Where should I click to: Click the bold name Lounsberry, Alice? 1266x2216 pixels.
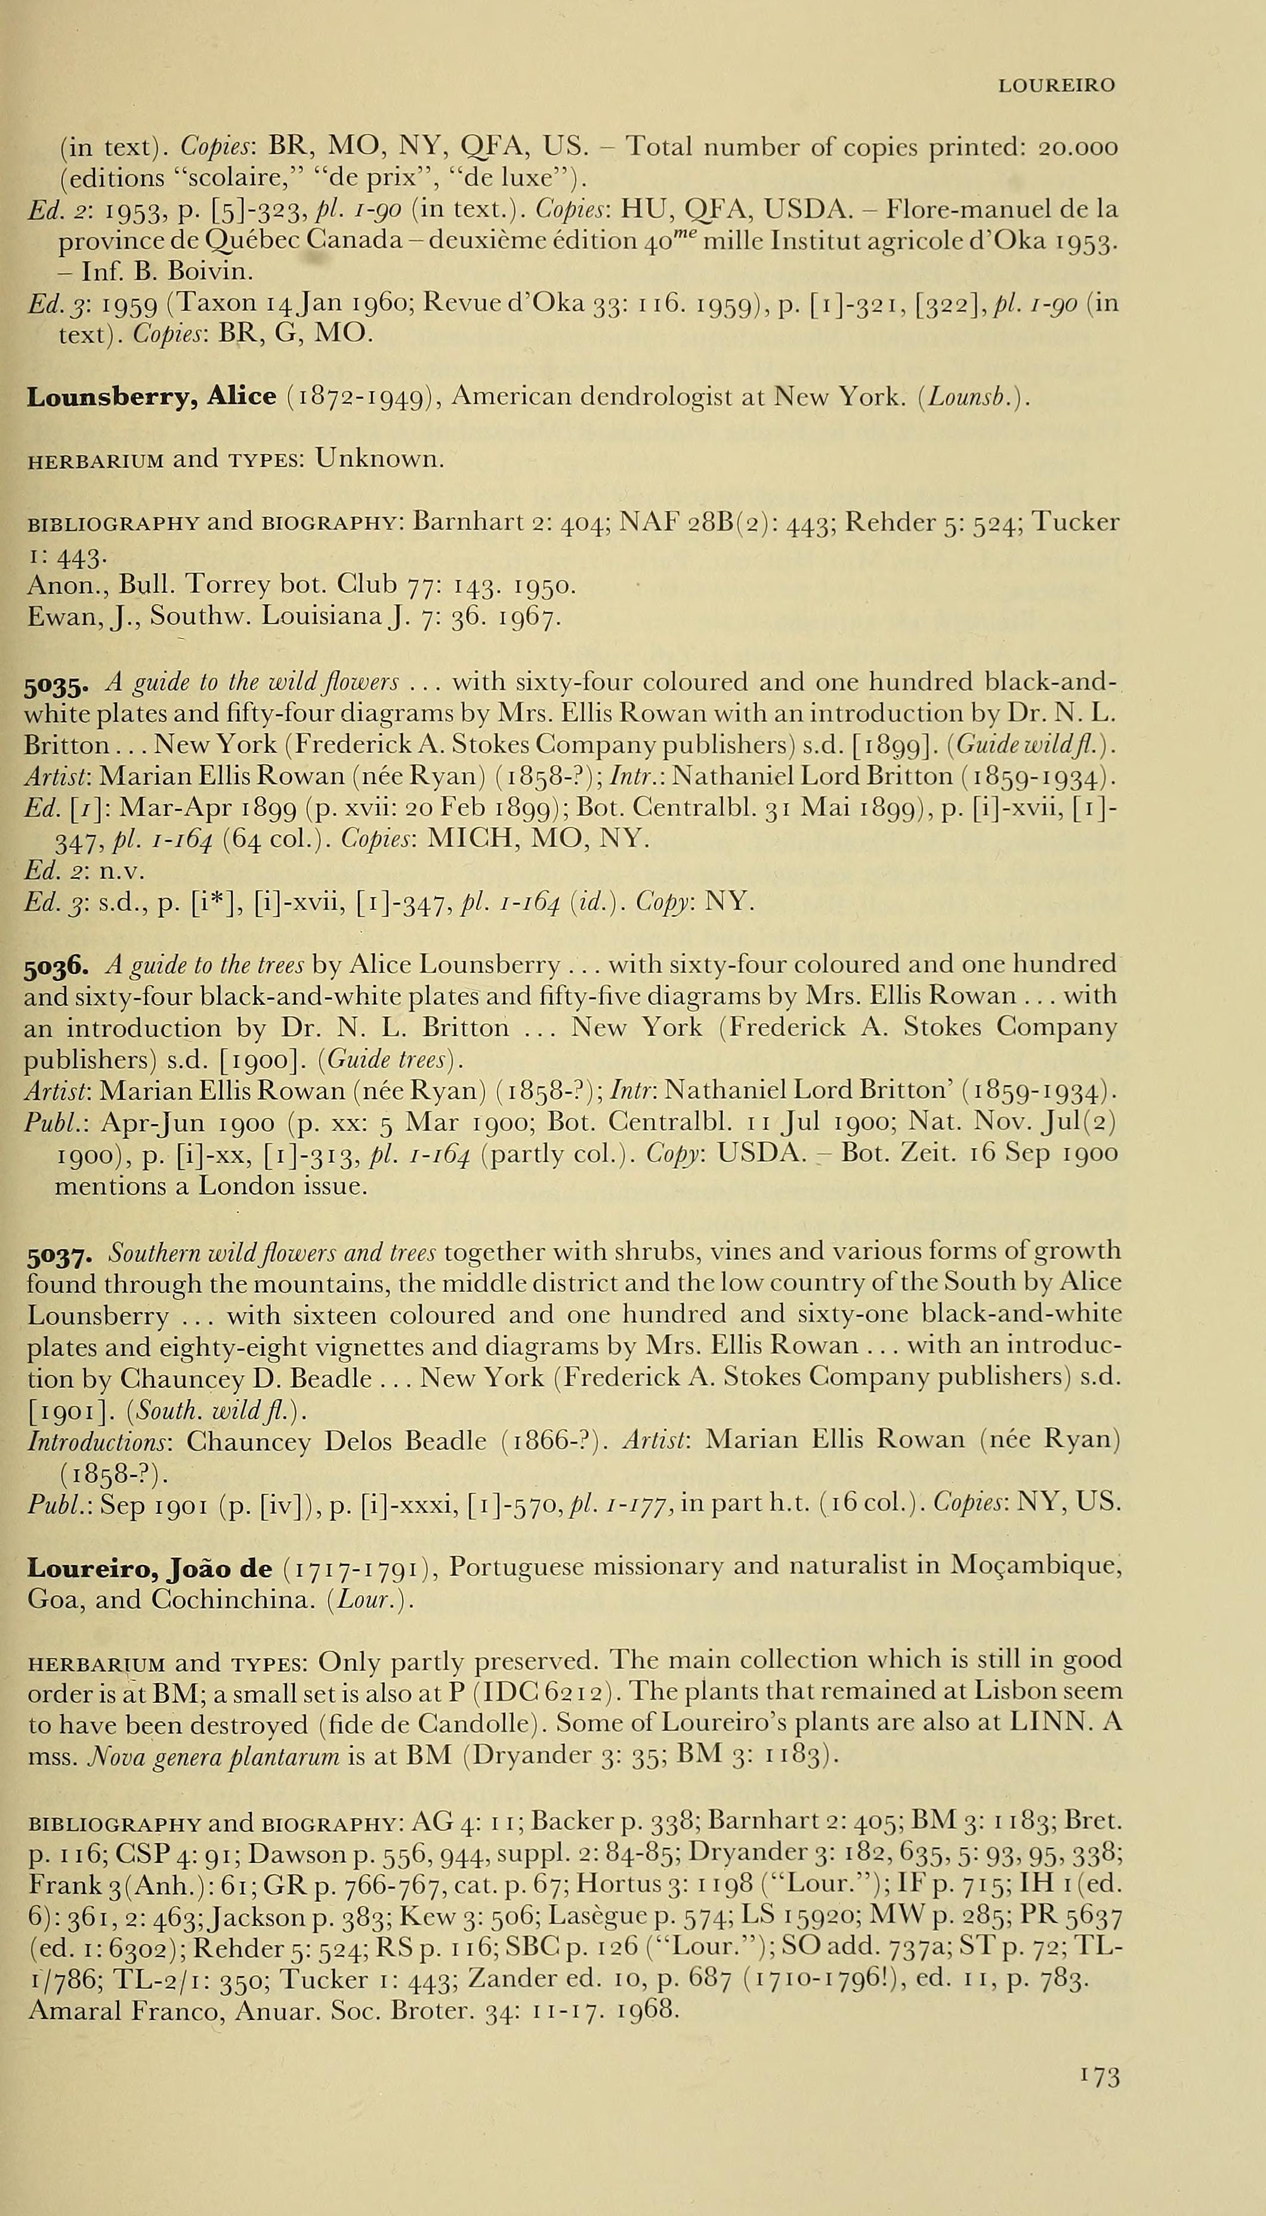(152, 397)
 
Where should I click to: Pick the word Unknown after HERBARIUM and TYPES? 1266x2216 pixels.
(379, 458)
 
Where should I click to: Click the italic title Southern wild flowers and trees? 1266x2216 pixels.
(276, 1252)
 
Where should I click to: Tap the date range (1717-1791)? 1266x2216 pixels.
(357, 1567)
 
